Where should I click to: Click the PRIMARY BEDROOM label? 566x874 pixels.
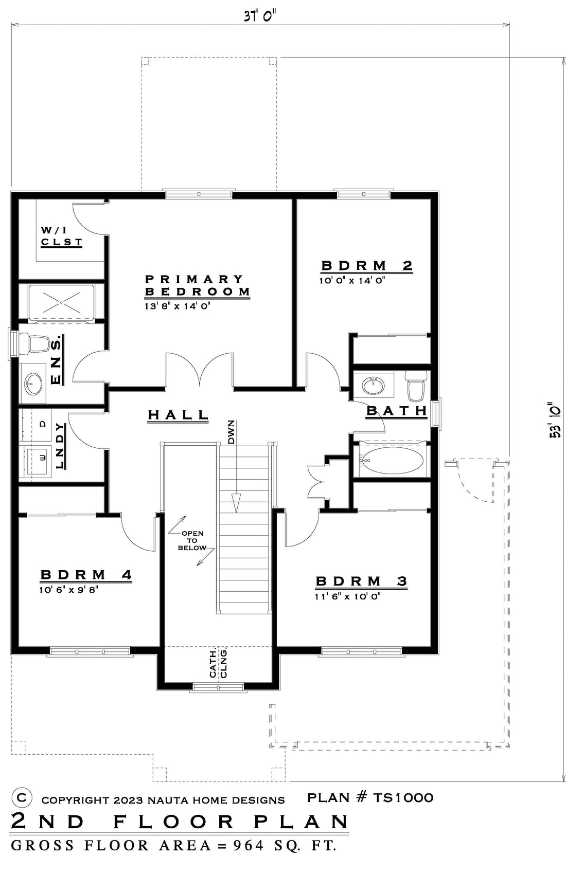pos(197,285)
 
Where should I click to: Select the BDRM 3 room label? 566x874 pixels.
pos(361,581)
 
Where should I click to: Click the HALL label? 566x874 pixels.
pos(178,415)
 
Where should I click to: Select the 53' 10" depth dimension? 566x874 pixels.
pos(555,420)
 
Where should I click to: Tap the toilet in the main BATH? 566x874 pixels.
pos(416,386)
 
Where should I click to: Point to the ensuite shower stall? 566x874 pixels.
pos(61,302)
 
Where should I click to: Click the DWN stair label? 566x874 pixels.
pos(231,432)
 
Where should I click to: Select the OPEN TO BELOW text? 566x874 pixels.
pos(192,540)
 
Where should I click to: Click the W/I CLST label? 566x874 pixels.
pos(62,236)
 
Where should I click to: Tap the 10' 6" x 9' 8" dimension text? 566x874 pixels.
pos(68,590)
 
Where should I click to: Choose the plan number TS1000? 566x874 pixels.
pos(403,797)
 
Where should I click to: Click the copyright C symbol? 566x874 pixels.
pos(22,798)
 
